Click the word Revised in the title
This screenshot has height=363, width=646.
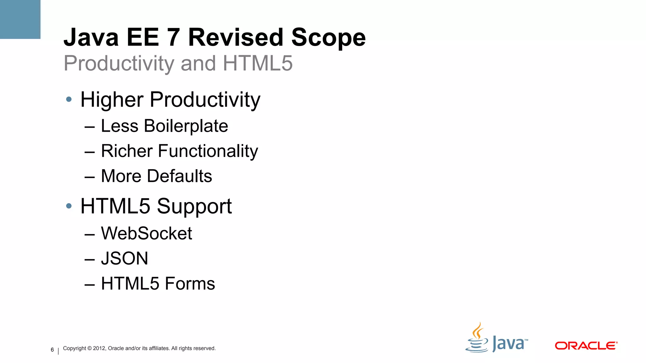pyautogui.click(x=236, y=37)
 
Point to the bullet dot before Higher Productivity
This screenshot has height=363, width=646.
pyautogui.click(x=69, y=100)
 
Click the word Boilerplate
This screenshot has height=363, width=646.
pyautogui.click(x=186, y=126)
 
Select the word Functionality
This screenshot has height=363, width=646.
pyautogui.click(x=208, y=151)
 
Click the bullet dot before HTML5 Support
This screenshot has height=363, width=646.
pyautogui.click(x=69, y=206)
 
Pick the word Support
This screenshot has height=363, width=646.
pyautogui.click(x=194, y=207)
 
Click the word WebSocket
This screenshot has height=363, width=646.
pyautogui.click(x=146, y=233)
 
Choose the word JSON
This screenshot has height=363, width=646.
pyautogui.click(x=124, y=258)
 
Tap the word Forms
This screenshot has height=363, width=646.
pyautogui.click(x=190, y=284)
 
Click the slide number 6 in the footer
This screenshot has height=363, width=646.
pyautogui.click(x=52, y=350)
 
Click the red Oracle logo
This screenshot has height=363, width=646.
pyautogui.click(x=586, y=346)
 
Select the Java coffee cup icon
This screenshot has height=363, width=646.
pyautogui.click(x=477, y=338)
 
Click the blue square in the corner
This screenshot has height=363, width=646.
pyautogui.click(x=20, y=19)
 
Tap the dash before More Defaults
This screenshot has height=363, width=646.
pyautogui.click(x=90, y=177)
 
